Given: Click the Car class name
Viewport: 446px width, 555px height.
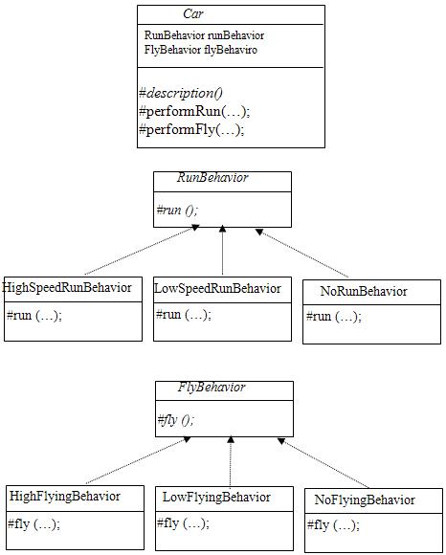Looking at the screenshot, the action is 193,13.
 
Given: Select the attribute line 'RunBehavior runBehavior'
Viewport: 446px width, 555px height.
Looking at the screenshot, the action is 204,35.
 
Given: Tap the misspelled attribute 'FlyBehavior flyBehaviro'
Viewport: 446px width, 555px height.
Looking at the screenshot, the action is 201,50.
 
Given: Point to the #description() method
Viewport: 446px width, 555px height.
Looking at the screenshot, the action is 181,93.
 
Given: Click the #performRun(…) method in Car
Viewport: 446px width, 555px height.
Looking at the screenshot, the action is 194,112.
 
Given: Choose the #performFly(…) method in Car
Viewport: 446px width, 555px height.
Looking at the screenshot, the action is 191,130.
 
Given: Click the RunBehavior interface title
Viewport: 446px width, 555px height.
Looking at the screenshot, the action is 212,177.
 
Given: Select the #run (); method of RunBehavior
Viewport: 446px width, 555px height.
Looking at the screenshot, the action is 177,210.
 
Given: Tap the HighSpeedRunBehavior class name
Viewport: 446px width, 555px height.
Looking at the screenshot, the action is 67,287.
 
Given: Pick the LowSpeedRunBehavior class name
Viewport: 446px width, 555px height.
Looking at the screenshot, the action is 217,288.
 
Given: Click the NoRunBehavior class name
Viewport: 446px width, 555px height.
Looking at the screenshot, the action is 364,291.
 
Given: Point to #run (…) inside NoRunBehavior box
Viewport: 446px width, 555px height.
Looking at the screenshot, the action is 334,316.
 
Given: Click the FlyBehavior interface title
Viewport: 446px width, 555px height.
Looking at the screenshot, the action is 212,387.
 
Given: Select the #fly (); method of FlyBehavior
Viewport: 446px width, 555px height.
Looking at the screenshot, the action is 175,420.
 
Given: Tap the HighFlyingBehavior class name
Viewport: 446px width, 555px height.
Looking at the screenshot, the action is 65,497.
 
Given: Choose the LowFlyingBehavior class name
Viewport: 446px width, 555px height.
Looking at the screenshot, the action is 216,498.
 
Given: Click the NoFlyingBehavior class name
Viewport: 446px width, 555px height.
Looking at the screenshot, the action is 365,499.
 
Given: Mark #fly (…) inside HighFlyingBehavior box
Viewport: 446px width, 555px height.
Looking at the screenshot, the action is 34,523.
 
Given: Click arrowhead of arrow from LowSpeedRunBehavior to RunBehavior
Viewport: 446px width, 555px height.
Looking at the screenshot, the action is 222,229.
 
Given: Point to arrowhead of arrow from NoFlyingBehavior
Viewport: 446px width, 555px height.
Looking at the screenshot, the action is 281,441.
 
